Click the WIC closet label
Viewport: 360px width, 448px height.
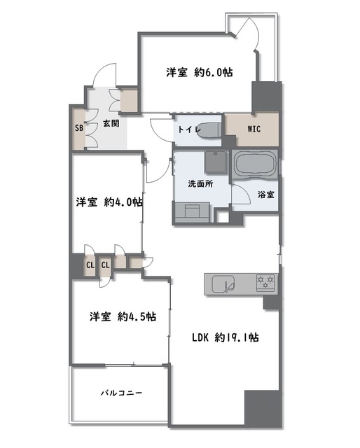tap(254, 129)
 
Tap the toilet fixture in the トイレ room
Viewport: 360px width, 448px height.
tap(209, 130)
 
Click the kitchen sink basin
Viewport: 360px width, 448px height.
tap(223, 284)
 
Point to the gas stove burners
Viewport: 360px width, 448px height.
tap(265, 282)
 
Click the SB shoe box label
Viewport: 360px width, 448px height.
tap(79, 128)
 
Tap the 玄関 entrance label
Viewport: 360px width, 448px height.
tap(111, 124)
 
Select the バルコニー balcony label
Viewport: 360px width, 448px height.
tap(122, 393)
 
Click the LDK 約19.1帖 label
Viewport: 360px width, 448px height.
tap(226, 337)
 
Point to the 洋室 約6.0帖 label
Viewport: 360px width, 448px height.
tap(200, 72)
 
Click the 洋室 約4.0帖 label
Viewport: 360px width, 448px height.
tap(109, 202)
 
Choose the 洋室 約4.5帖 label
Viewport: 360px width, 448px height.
tap(123, 316)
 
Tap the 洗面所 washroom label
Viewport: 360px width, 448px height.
tap(200, 184)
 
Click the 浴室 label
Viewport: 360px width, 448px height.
tap(266, 195)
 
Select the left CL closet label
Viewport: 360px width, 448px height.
tap(90, 265)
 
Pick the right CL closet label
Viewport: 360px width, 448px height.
tap(106, 265)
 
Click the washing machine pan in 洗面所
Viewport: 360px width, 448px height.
tap(216, 162)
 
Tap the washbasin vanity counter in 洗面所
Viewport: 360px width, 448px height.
tap(192, 212)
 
